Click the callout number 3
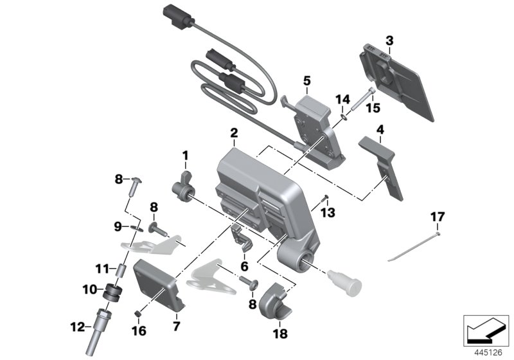coord(389,40)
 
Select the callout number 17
coord(437,218)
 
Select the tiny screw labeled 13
coord(327,197)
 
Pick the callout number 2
coord(234,134)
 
